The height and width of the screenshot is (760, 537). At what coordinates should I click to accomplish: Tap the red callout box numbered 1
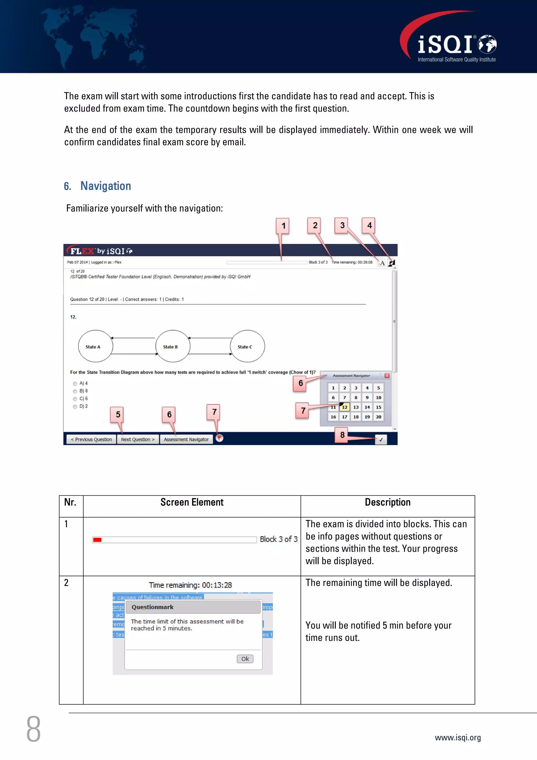click(x=283, y=226)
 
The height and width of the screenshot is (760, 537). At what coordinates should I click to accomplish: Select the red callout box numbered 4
click(x=369, y=226)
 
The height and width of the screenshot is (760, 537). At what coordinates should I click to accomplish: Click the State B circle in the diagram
click(x=173, y=346)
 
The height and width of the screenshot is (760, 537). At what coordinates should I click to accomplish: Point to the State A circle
click(x=95, y=346)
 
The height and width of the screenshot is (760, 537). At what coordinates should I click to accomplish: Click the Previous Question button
click(x=91, y=439)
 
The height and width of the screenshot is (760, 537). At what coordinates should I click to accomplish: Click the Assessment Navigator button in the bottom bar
click(x=186, y=439)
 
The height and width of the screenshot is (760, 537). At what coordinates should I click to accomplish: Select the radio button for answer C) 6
click(x=75, y=399)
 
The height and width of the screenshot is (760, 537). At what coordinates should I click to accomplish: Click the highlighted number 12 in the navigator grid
click(x=345, y=407)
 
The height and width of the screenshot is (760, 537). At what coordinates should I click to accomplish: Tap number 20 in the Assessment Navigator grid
click(x=379, y=417)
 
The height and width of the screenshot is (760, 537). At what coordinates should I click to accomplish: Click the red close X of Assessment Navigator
click(x=387, y=376)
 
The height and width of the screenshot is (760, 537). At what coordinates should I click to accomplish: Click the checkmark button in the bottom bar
click(x=381, y=440)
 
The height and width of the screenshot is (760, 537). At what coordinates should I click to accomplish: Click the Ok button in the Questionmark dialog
click(x=245, y=659)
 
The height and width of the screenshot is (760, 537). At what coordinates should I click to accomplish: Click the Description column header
click(x=388, y=502)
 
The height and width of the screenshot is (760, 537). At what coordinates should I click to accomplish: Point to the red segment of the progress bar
click(x=97, y=540)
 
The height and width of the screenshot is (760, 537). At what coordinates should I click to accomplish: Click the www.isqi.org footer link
click(x=458, y=737)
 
